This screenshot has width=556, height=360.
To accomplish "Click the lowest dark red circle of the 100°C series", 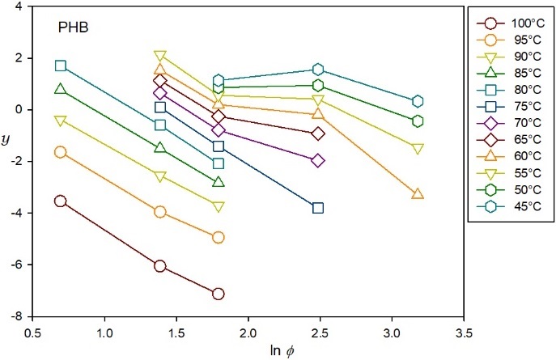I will click(x=218, y=294).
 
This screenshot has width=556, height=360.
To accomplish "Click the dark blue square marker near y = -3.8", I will click(x=318, y=208).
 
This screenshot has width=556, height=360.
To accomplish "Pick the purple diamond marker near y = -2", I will click(x=318, y=161).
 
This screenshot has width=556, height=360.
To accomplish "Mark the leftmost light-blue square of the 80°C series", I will click(x=60, y=66).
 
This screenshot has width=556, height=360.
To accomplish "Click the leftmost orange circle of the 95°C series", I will click(x=60, y=152).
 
